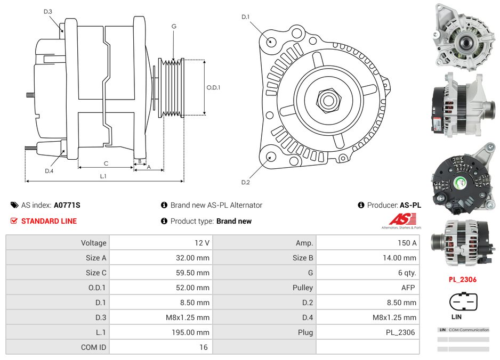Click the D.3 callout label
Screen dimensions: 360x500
[x=47, y=11]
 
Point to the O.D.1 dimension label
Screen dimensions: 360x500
[x=213, y=87]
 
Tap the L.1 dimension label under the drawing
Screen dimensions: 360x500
[x=103, y=176]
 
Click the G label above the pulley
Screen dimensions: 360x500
[x=174, y=26]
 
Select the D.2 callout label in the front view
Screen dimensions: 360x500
[x=245, y=183]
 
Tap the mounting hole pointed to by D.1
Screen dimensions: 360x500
[x=271, y=40]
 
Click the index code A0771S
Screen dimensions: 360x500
[x=67, y=205]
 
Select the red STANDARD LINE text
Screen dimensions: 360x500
[x=49, y=221]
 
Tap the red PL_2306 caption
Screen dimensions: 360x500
[x=462, y=280]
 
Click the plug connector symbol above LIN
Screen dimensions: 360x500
[x=462, y=302]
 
